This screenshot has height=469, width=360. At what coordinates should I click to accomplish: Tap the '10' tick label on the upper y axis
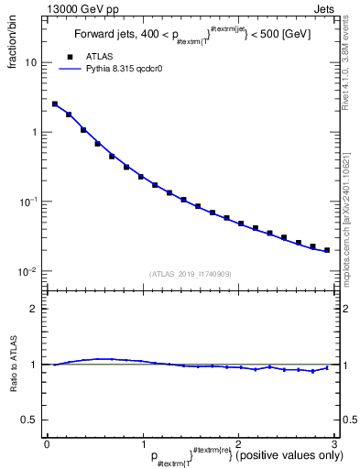[30, 63]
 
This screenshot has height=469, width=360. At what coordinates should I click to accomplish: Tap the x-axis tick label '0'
[47, 443]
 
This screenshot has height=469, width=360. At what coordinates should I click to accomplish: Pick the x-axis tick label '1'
[142, 443]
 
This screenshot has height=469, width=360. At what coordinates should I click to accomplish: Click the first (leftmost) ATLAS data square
[55, 104]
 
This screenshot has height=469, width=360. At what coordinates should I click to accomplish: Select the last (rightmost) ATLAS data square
[327, 249]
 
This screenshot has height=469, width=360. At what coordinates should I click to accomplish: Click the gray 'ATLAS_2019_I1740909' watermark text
[190, 274]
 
